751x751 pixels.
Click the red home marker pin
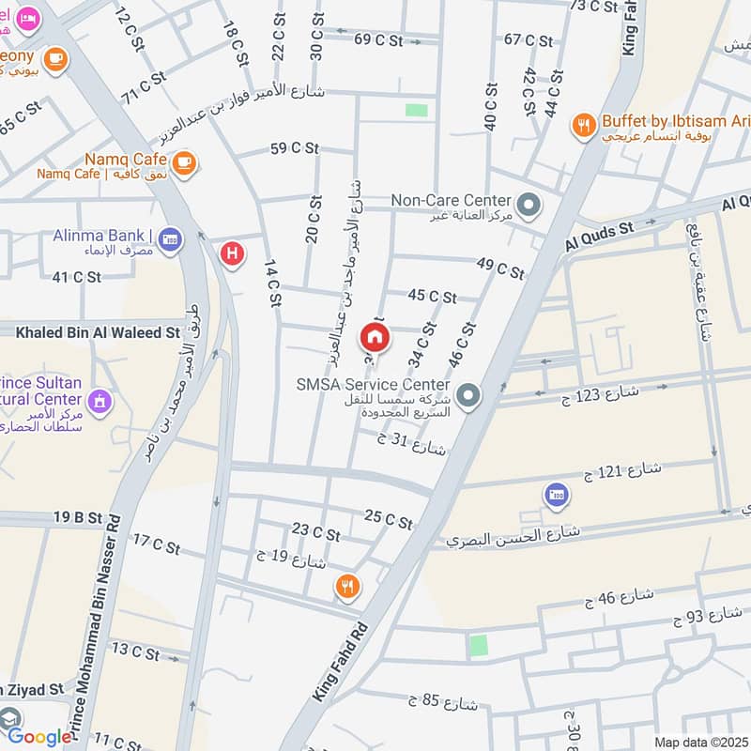tap(375, 337)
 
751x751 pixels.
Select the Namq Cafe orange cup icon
tap(184, 161)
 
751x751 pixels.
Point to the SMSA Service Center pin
tap(470, 394)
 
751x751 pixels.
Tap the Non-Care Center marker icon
tap(529, 203)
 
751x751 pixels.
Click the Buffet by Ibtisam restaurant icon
tap(585, 126)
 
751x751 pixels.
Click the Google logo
tap(39, 737)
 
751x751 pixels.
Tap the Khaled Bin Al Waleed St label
tap(98, 332)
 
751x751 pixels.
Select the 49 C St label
tap(500, 268)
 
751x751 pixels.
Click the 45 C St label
tap(432, 296)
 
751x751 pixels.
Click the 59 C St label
tap(293, 147)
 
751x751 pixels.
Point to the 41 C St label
tap(77, 277)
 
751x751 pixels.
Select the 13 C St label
tap(135, 650)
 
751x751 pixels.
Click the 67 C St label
tap(529, 39)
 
